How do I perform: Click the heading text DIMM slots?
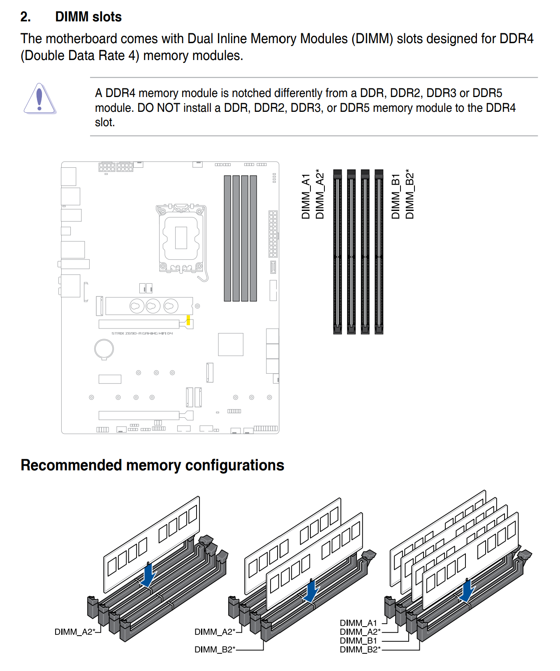coord(88,17)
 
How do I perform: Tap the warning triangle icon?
coord(39,99)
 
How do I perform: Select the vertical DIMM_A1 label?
coord(305,196)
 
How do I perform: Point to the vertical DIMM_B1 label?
coord(396,196)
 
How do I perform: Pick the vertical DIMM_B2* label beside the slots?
coord(410,194)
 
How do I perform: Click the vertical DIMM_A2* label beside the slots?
coord(319,194)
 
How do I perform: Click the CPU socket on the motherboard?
coord(181,238)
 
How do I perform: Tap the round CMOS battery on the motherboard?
coord(104,349)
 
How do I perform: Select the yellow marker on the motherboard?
coord(188,320)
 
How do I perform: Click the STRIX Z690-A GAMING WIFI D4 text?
coord(142,333)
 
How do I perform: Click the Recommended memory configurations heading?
coord(152,465)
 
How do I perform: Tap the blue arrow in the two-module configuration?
coord(312,591)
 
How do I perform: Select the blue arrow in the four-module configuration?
coord(467,590)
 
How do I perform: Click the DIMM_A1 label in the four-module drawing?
coord(358,623)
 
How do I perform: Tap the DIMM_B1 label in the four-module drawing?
coord(358,641)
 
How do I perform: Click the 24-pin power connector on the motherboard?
coord(273,234)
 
